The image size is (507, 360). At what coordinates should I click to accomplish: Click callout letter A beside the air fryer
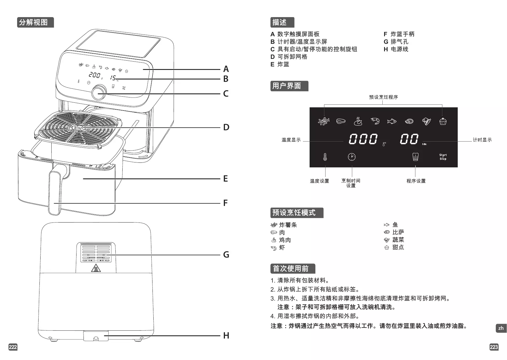226,69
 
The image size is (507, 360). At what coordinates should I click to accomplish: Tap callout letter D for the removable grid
226,127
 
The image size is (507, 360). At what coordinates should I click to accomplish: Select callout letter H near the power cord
226,336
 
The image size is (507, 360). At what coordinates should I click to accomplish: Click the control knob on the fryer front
99,92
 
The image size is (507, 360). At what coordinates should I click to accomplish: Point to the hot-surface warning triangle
96,268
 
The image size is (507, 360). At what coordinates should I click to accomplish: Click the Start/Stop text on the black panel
443,157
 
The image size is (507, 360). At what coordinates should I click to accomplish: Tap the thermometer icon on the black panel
325,157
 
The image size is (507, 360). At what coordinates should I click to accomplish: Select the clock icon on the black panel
351,157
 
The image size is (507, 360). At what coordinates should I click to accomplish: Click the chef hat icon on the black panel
415,157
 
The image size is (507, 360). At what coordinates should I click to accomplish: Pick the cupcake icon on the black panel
443,121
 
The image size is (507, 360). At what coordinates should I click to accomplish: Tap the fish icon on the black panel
392,121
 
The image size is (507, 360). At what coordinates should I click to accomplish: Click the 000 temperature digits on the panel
363,139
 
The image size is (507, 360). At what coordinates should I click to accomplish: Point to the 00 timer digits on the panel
409,139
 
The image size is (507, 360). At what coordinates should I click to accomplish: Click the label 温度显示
291,140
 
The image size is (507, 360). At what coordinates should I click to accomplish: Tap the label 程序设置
416,181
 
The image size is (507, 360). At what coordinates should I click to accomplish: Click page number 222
13,347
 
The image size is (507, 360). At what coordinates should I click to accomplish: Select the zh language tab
501,328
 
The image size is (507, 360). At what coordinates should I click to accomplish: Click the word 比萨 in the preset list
398,232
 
